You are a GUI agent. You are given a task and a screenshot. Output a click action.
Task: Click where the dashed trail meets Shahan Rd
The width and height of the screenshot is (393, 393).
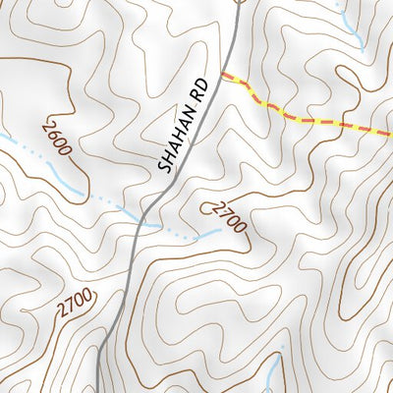pos(222,75)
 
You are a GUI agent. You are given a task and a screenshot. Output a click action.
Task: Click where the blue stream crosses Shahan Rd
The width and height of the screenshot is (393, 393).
pos(147,219)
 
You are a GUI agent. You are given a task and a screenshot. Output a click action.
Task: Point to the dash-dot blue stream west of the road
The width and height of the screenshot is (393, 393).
pos(98,196)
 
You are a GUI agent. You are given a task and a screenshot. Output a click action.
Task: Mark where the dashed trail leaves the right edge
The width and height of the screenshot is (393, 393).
pos(390,134)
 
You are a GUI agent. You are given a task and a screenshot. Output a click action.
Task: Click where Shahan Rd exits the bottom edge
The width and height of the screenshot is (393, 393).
pos(99,390)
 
